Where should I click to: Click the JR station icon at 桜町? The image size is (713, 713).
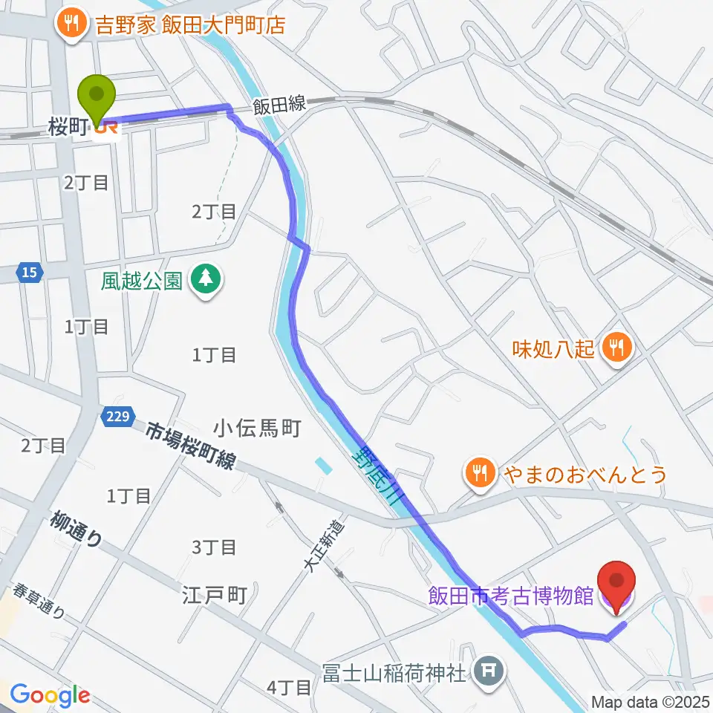point(106,128)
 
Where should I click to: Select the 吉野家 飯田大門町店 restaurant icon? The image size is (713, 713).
point(71,25)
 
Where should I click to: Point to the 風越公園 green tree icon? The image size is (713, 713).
point(204,280)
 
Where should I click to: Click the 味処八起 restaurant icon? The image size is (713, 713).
point(616,345)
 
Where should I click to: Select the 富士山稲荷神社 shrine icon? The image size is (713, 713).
point(487,673)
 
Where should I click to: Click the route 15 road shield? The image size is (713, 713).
point(27,274)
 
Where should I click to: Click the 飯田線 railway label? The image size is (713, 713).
point(279,106)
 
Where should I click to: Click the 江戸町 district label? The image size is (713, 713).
point(214,596)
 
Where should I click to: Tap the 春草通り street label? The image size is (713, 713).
point(39,602)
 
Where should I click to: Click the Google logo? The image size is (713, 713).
point(50,694)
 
